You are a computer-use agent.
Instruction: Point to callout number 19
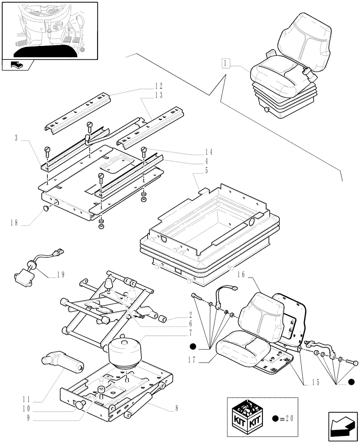coord(60,275)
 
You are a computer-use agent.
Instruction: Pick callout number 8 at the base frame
coord(176,408)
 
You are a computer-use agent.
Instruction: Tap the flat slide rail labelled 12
coord(78,111)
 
